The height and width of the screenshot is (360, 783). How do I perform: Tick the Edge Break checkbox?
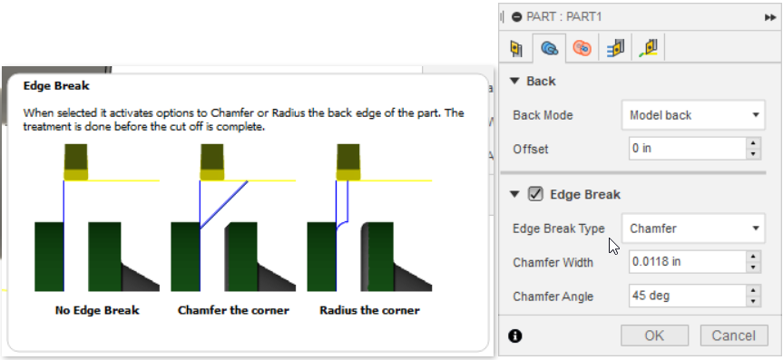[x=535, y=194]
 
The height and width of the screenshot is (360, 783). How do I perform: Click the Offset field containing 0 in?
[x=686, y=149]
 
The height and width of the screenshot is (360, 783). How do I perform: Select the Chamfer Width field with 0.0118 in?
[x=686, y=262]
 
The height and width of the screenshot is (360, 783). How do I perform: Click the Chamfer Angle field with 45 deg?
[x=686, y=296]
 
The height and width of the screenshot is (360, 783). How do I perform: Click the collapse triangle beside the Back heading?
[x=514, y=82]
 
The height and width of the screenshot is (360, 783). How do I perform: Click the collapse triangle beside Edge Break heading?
[x=514, y=194]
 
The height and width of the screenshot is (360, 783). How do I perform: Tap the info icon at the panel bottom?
[x=515, y=336]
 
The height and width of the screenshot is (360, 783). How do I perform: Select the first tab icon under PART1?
[x=517, y=47]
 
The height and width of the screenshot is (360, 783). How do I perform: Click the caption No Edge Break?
[x=97, y=310]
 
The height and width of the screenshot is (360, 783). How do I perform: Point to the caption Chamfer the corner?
[x=233, y=310]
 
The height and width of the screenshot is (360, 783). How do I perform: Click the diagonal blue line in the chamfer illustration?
[x=225, y=202]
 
